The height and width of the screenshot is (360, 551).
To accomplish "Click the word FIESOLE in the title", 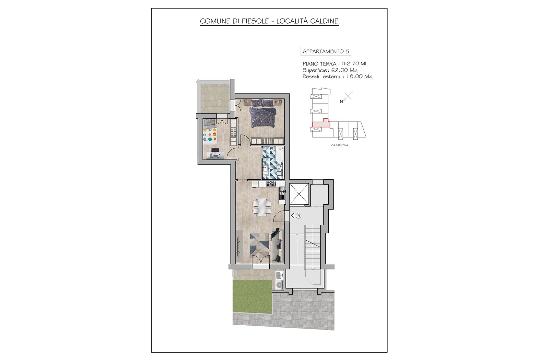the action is [x=255, y=21].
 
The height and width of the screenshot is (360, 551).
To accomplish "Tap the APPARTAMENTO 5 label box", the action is [x=326, y=52].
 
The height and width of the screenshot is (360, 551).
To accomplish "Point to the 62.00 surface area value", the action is [x=339, y=70].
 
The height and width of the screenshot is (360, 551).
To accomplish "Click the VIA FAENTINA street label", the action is [x=339, y=145].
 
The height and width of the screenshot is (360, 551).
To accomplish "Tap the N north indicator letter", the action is [x=341, y=102].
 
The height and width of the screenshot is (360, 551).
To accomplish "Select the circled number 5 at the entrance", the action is [x=299, y=216].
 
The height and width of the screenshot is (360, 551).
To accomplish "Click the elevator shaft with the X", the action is [x=299, y=194].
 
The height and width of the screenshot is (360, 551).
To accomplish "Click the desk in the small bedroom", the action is [x=43, y=155].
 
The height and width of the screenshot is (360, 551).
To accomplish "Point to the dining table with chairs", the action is [x=262, y=207].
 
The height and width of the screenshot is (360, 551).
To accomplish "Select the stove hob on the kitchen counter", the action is [x=271, y=183].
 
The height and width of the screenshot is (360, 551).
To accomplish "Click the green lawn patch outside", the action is [x=252, y=297].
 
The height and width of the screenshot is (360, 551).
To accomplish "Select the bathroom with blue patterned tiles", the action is [x=273, y=163].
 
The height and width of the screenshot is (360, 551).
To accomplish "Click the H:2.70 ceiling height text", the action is [x=354, y=64].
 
